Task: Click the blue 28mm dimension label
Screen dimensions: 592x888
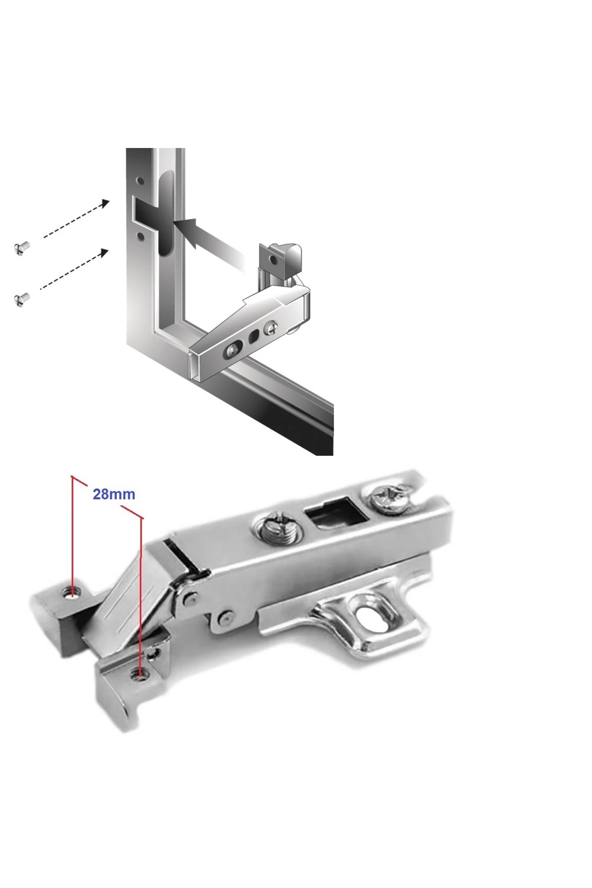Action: pyautogui.click(x=114, y=494)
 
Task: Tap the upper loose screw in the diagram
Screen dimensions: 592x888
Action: pyautogui.click(x=22, y=247)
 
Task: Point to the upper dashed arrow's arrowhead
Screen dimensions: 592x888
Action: pyautogui.click(x=104, y=203)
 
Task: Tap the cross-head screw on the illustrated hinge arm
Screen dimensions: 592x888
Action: pyautogui.click(x=271, y=328)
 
